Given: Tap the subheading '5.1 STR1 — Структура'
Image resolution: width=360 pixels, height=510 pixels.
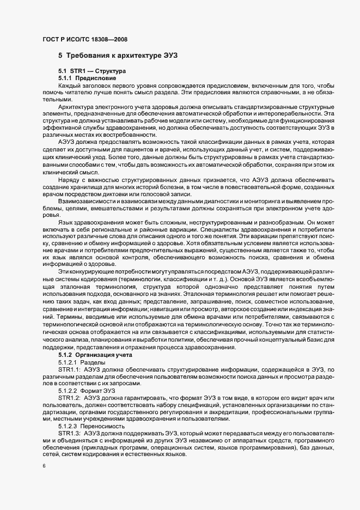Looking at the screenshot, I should coord(92,71).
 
